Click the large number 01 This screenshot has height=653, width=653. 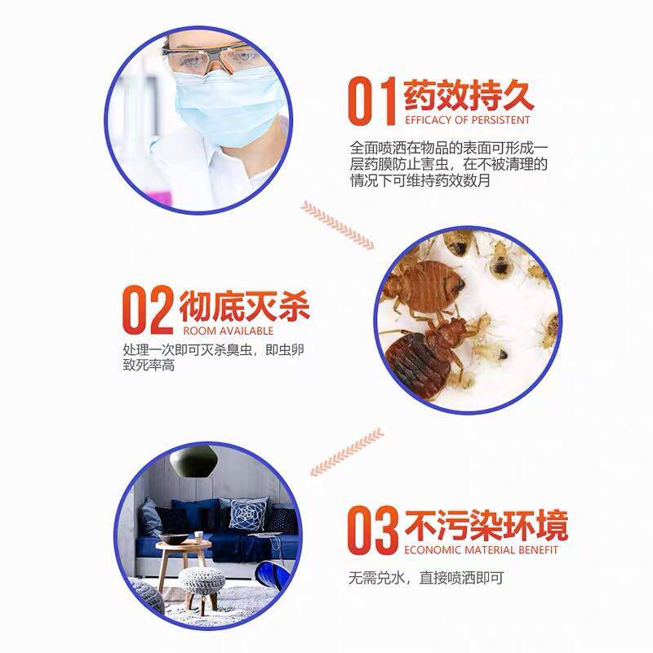pos(371,101)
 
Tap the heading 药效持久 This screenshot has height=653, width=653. pos(469,96)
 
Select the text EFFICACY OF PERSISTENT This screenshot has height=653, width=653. pos(467,120)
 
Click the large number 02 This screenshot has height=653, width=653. pos(148,310)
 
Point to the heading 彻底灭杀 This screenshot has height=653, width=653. pos(244,307)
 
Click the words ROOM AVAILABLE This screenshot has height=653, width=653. pos(229,331)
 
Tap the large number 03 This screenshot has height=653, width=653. pos(373,530)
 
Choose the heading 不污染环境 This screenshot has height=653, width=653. pos(486,526)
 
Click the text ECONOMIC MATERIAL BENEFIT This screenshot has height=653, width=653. pos(481,550)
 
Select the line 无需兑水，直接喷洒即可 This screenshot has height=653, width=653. pos(426,578)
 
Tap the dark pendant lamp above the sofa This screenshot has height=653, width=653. pos(196,460)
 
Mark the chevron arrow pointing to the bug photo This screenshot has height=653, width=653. pos(337,225)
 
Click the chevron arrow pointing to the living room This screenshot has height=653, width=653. pos(348,452)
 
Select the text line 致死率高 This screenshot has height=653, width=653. pos(149,366)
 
